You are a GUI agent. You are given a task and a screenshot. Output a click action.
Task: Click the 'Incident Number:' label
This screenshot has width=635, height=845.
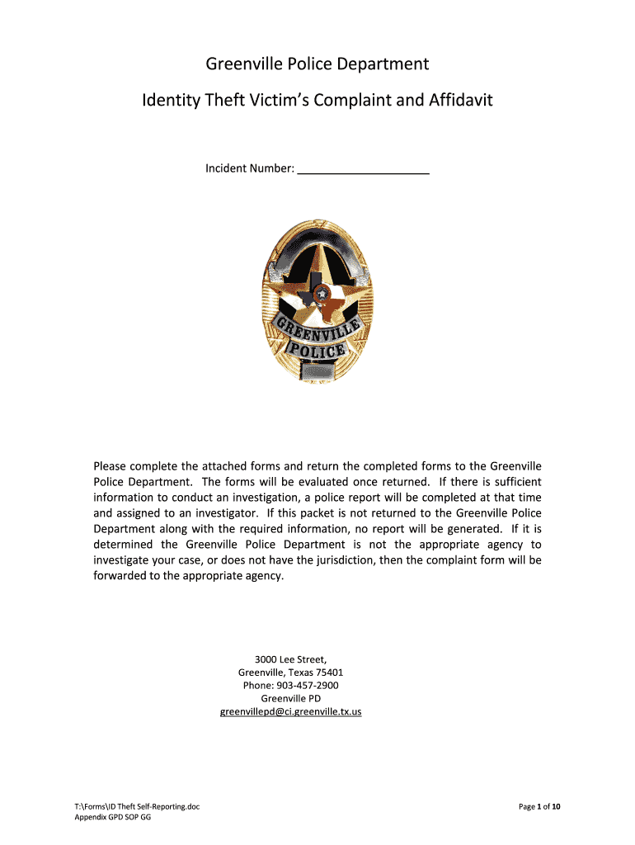point(249,169)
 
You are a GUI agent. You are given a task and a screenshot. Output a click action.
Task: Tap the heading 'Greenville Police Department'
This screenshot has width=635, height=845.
point(317,64)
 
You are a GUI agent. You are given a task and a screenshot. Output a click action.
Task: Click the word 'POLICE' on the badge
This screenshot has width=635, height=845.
point(317,350)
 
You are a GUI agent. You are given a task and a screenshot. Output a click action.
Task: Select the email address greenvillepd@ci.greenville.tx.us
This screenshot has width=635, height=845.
point(291,711)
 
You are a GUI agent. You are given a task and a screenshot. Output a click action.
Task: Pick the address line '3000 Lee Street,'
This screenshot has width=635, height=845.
point(291,659)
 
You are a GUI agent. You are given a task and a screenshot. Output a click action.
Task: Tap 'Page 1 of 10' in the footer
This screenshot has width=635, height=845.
point(540,806)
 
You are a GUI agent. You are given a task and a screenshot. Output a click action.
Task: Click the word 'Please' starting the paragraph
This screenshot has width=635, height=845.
point(111,466)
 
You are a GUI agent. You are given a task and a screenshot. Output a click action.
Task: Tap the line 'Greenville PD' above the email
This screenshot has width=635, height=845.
point(291,698)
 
